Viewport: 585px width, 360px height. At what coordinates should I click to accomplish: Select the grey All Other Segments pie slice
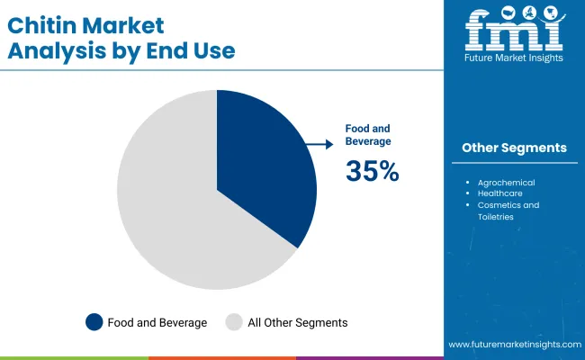[171, 207]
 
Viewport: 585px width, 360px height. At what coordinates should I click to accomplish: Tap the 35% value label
[372, 170]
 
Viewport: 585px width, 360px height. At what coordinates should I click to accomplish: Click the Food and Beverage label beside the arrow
[368, 135]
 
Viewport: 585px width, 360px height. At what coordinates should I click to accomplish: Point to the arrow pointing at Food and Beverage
[316, 143]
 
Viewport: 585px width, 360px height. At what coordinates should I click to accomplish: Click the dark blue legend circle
[94, 321]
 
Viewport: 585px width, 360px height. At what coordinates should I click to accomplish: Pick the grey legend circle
[234, 321]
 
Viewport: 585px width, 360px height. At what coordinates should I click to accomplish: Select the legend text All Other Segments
[297, 321]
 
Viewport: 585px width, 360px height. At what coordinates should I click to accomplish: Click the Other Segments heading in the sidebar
[514, 148]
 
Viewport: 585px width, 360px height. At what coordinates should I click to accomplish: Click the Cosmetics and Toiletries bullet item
[508, 211]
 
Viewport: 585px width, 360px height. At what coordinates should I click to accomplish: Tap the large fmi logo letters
[514, 31]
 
